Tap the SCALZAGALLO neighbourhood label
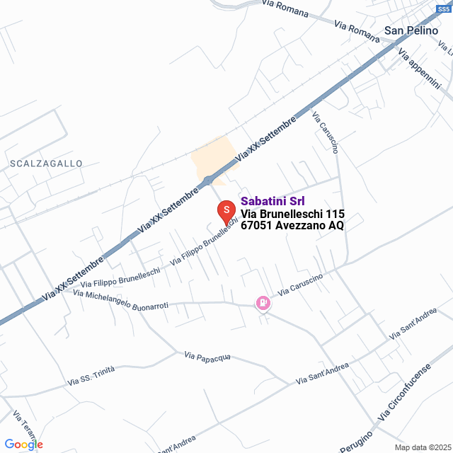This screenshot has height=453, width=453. (x=47, y=164)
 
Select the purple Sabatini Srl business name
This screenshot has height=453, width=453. (x=273, y=201)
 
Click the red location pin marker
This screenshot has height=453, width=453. (x=225, y=210)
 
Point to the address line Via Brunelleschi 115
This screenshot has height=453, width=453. (x=292, y=214)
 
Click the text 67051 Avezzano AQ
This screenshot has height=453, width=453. (x=292, y=226)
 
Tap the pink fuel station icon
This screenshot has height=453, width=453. (x=263, y=303)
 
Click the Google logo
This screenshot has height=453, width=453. (x=23, y=444)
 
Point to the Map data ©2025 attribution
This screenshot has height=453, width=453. (x=423, y=447)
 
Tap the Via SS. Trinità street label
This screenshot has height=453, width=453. (x=91, y=376)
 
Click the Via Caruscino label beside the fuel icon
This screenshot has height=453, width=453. (x=300, y=285)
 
